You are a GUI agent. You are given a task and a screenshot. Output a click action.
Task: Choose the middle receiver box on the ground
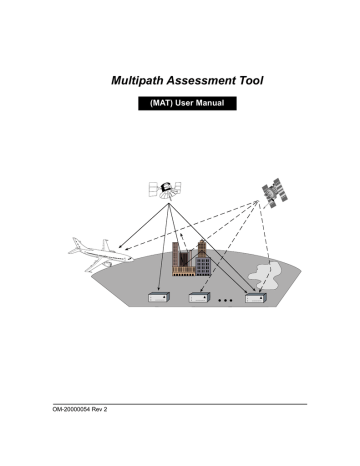coord(201,297)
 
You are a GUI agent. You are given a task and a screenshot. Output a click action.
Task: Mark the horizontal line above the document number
coord(180,404)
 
